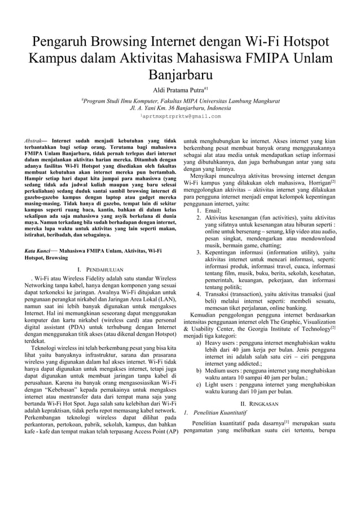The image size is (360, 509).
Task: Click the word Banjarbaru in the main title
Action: click(180, 75)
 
